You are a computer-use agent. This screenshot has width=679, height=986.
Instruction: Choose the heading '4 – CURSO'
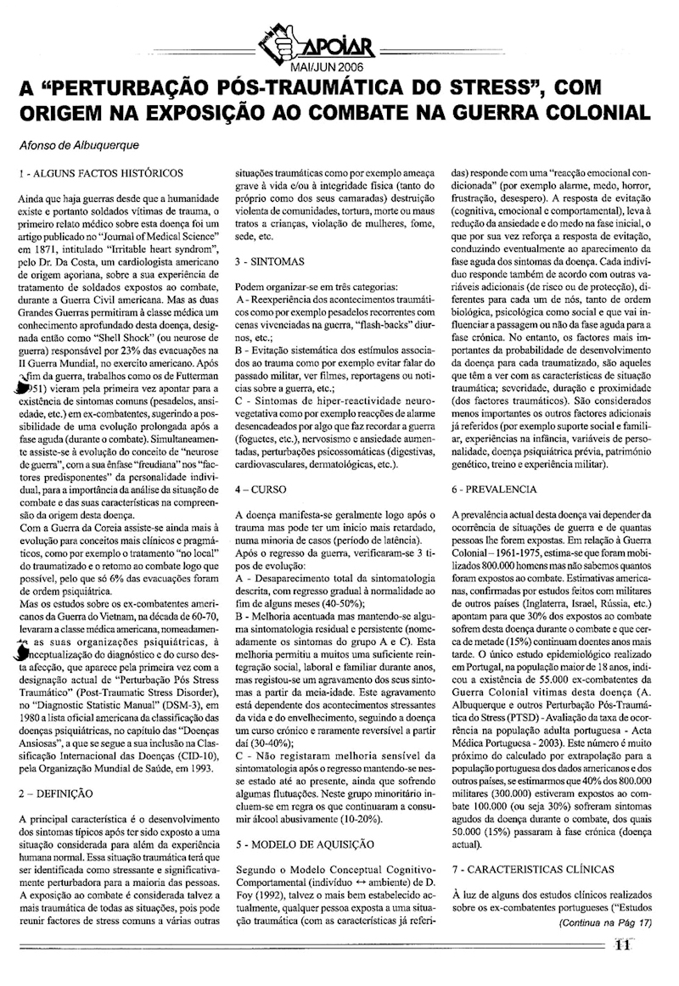point(263,490)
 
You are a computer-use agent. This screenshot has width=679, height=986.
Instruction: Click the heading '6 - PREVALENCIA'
point(495,490)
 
